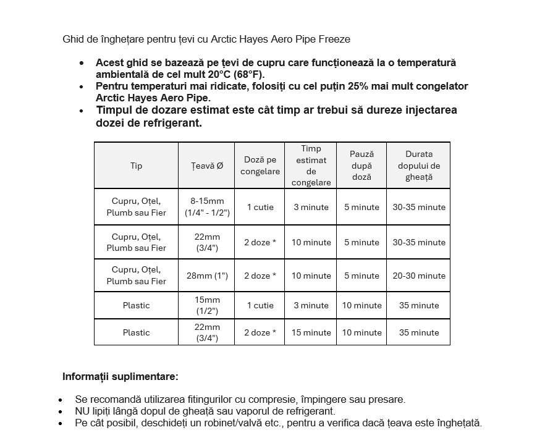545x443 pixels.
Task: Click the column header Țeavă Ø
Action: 207,166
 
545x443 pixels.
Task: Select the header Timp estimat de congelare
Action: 311,166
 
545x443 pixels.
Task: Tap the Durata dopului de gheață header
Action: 418,166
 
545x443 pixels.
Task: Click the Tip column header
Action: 136,166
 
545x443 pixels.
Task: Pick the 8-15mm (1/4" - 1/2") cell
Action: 207,207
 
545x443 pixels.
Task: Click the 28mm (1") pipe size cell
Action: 207,276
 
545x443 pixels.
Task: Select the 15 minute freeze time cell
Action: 311,332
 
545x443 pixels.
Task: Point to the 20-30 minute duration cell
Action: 418,276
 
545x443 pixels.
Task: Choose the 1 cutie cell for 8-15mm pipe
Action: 260,207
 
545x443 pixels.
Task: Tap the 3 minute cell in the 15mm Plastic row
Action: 311,305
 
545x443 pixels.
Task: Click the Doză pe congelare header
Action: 260,166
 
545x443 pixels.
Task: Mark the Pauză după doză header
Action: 361,166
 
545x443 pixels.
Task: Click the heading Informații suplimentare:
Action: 120,376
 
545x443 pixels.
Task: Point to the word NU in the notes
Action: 82,411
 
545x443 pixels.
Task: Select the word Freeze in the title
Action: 334,40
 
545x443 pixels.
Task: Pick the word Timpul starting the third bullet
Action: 115,110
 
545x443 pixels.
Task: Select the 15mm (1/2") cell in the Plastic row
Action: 207,305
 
